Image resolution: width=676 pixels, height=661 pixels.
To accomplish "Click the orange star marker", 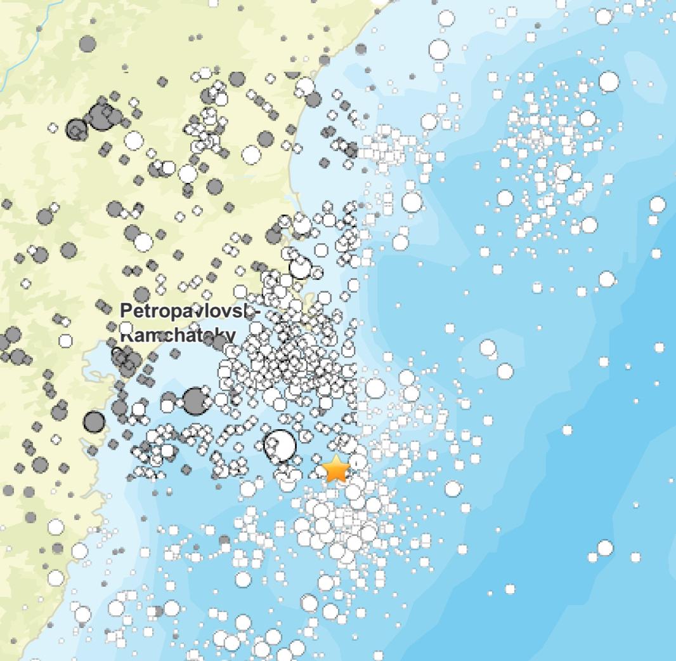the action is tap(336, 469).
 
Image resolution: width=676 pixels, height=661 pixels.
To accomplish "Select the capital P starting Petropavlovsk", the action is tap(126, 311).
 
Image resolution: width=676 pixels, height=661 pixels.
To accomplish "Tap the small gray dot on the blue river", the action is tap(39, 29).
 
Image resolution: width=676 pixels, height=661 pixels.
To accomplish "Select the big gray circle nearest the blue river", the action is tap(88, 44).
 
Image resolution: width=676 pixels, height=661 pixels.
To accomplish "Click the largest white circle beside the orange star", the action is tap(280, 444).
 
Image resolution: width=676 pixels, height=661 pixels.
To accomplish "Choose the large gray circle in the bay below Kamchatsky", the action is tap(195, 401).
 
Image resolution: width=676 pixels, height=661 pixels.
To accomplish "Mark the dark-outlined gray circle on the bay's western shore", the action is tap(94, 421).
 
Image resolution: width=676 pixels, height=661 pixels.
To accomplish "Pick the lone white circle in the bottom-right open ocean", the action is tap(605, 547).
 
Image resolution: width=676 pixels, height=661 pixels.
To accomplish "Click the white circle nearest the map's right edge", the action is tap(658, 204).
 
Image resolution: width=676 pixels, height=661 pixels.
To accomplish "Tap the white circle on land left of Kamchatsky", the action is tap(65, 341).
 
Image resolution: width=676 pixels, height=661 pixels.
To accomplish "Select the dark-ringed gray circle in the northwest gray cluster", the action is tap(77, 130).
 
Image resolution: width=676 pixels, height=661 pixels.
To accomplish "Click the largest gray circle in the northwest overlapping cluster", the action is tap(99, 117).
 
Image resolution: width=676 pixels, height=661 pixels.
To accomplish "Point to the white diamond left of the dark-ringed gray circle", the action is tap(53, 128).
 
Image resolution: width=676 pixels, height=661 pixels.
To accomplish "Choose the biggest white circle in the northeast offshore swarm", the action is tap(609, 81).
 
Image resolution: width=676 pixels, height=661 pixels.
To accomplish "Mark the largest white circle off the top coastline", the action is tap(439, 49).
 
